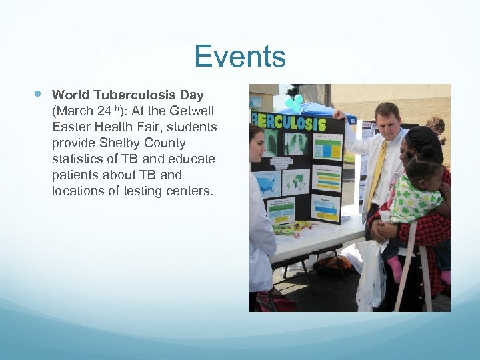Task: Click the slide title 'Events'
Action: (x=240, y=57)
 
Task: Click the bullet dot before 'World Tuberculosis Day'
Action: (x=37, y=94)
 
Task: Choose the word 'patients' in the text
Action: (x=75, y=175)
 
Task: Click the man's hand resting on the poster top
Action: (x=341, y=114)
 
